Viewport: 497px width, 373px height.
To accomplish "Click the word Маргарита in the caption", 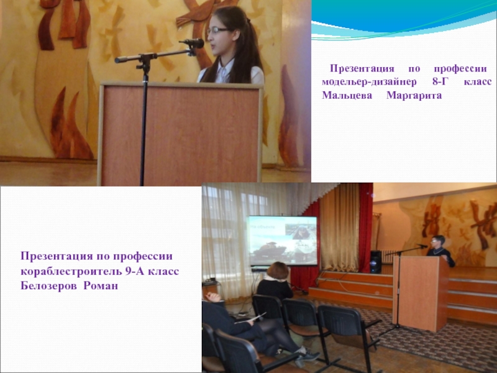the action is point(414,96).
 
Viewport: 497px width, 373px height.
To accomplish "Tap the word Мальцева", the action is point(347,96).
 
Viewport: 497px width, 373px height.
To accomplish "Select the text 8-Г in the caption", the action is point(439,82).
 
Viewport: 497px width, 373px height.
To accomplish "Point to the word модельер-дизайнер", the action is point(369,82).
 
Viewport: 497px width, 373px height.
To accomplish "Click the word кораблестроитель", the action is point(69,272).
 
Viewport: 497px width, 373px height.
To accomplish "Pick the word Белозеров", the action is point(48,286).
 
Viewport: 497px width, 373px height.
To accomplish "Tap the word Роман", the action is point(101,286).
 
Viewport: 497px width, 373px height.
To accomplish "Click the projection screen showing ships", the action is point(283,241).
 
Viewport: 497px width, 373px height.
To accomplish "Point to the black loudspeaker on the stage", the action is point(376,262).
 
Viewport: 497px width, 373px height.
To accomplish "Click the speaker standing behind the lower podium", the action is point(440,250).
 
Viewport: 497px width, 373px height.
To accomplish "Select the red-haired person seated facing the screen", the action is point(275,282).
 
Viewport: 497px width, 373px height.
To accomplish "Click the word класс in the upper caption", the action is point(477,82).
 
